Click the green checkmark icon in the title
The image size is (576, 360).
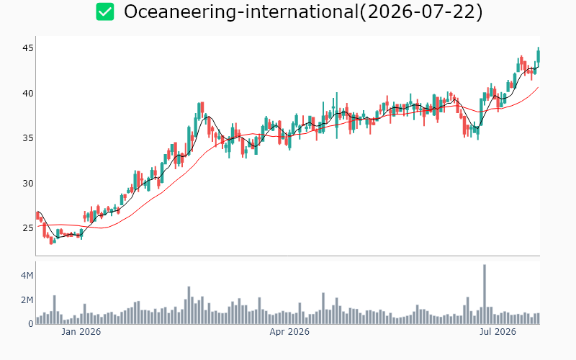(105, 12)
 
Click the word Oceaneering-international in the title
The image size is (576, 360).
(241, 12)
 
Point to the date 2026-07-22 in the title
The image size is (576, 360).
(420, 12)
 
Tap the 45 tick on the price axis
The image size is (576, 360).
(28, 48)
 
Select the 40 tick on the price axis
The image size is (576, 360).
(28, 94)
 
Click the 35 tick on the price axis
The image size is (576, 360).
(28, 138)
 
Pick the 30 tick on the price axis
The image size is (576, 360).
(28, 184)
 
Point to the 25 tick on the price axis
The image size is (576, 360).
(28, 228)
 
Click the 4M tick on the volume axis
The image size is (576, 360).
(27, 276)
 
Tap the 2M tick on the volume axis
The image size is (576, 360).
(27, 300)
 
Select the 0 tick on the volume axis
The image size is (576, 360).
(31, 323)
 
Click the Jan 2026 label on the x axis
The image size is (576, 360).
(81, 332)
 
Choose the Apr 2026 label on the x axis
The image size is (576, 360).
(289, 332)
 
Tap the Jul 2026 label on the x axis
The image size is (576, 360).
(498, 332)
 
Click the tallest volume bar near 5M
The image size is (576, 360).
(485, 294)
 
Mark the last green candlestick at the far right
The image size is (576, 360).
(538, 56)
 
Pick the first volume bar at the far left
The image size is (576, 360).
(37, 320)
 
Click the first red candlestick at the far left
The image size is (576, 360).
(37, 215)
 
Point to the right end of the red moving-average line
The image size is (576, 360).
(538, 87)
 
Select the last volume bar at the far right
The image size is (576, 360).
(538, 318)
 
